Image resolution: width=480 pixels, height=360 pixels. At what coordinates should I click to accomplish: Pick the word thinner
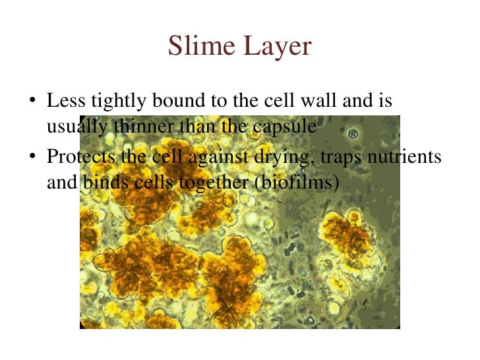(x=140, y=126)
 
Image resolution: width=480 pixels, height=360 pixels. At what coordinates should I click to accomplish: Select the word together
(x=216, y=183)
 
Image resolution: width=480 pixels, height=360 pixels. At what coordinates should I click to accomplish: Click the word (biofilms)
(x=296, y=182)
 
